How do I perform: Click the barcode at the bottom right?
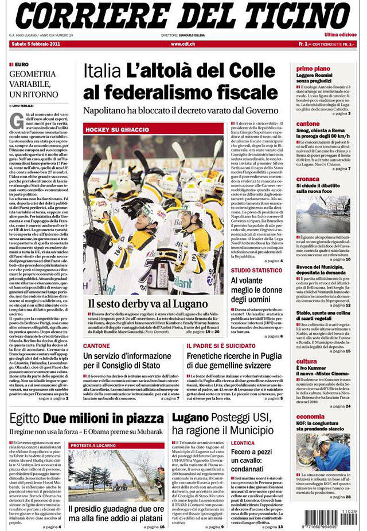pos(324,511)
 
